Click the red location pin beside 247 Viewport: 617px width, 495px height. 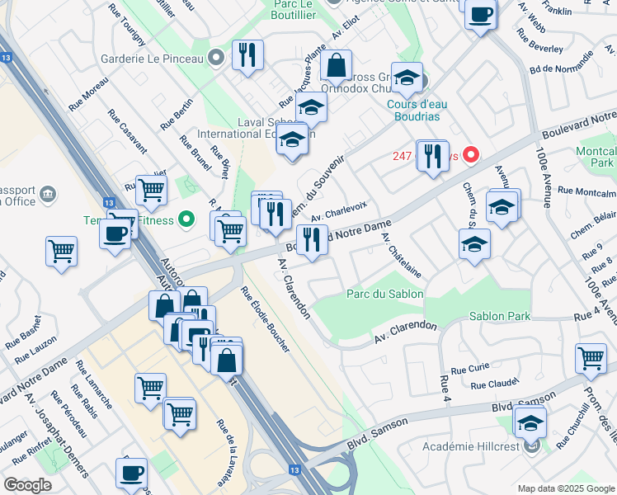(471, 154)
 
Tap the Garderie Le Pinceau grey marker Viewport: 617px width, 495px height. (216, 58)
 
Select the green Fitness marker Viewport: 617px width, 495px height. (187, 219)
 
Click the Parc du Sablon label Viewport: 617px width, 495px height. (385, 294)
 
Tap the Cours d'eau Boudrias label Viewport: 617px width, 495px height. (426, 110)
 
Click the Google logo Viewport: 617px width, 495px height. (28, 484)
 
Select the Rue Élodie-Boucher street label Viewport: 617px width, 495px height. (265, 320)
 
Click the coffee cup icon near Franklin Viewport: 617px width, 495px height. (480, 13)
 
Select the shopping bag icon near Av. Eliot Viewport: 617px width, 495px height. (337, 64)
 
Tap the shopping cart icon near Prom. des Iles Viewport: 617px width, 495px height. (591, 357)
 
